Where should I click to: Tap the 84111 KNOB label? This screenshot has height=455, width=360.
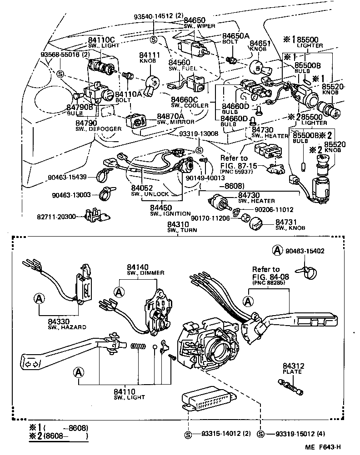[x=148, y=58]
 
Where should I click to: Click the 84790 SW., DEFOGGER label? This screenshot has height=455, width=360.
[x=91, y=125]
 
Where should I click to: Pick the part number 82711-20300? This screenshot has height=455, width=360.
[x=60, y=217]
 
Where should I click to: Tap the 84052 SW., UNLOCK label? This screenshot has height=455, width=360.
[x=155, y=190]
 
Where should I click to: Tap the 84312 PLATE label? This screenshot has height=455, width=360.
[x=290, y=369]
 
